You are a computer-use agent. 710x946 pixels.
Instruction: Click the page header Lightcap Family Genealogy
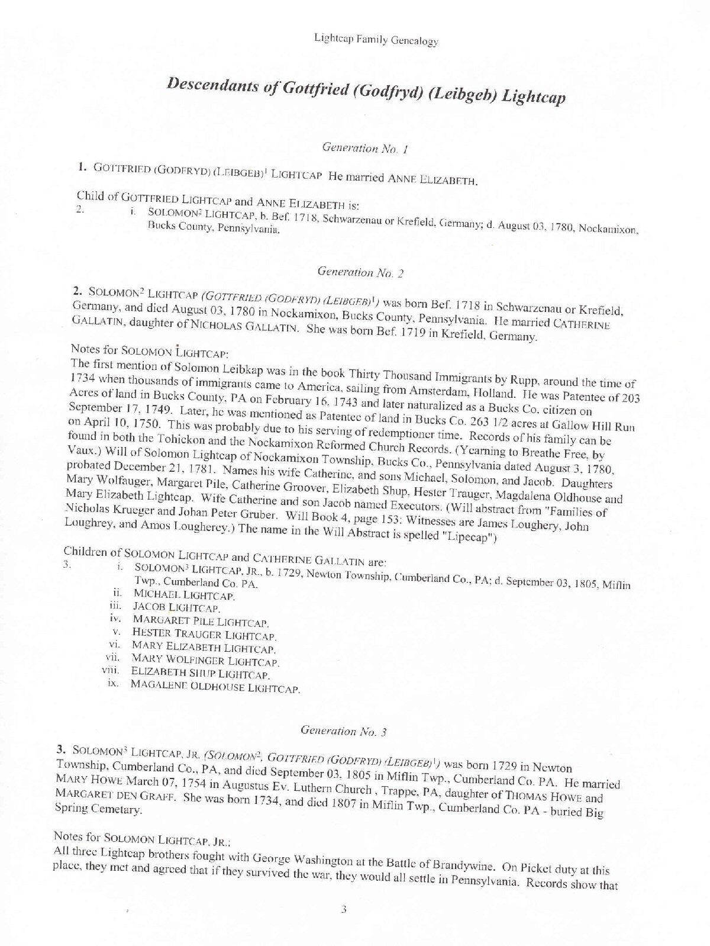[376, 41]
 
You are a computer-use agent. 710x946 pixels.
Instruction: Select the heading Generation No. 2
[360, 273]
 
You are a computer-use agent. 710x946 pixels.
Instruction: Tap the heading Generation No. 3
[343, 731]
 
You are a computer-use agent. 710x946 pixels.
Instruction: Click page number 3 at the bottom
[343, 910]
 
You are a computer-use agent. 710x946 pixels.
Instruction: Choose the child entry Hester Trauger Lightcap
[204, 635]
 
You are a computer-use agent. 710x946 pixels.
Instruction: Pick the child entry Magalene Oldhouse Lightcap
[215, 688]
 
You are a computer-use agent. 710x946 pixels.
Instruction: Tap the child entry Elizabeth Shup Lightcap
[201, 674]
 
